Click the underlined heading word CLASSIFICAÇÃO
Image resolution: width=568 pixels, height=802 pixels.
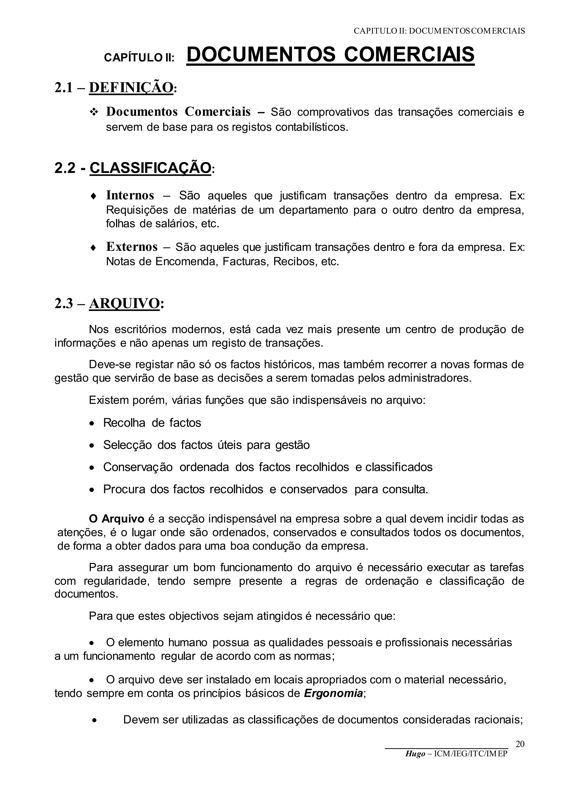(150, 168)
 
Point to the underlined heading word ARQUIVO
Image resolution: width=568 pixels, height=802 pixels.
(124, 304)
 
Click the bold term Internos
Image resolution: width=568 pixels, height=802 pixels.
(130, 195)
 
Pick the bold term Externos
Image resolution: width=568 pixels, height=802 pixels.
(132, 247)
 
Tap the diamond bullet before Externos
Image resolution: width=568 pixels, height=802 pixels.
(93, 248)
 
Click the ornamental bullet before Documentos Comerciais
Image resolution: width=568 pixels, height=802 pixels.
(94, 112)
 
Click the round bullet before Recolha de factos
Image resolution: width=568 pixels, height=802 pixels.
(92, 424)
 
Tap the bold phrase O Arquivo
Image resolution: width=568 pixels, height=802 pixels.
(116, 519)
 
